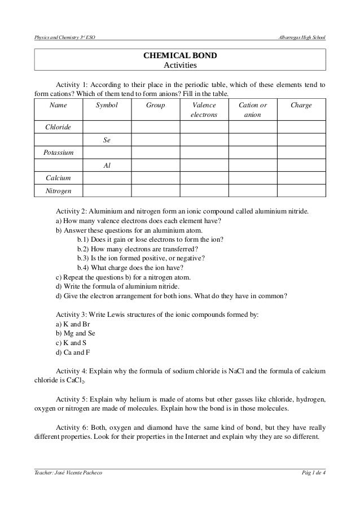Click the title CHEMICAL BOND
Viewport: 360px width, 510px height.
(179, 56)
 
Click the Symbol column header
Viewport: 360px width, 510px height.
(106, 106)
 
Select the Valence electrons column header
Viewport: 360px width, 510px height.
(204, 110)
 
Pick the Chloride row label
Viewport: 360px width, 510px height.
(58, 127)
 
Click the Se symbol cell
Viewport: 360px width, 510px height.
(106, 140)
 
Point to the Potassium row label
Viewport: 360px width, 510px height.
(58, 153)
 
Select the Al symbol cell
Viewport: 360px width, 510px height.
(106, 166)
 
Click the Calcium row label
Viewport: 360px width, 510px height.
(58, 178)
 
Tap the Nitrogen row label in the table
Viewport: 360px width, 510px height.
(58, 191)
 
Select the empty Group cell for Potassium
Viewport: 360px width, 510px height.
(155, 153)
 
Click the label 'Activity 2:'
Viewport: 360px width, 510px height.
(73, 211)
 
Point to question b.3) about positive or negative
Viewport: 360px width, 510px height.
(141, 258)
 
